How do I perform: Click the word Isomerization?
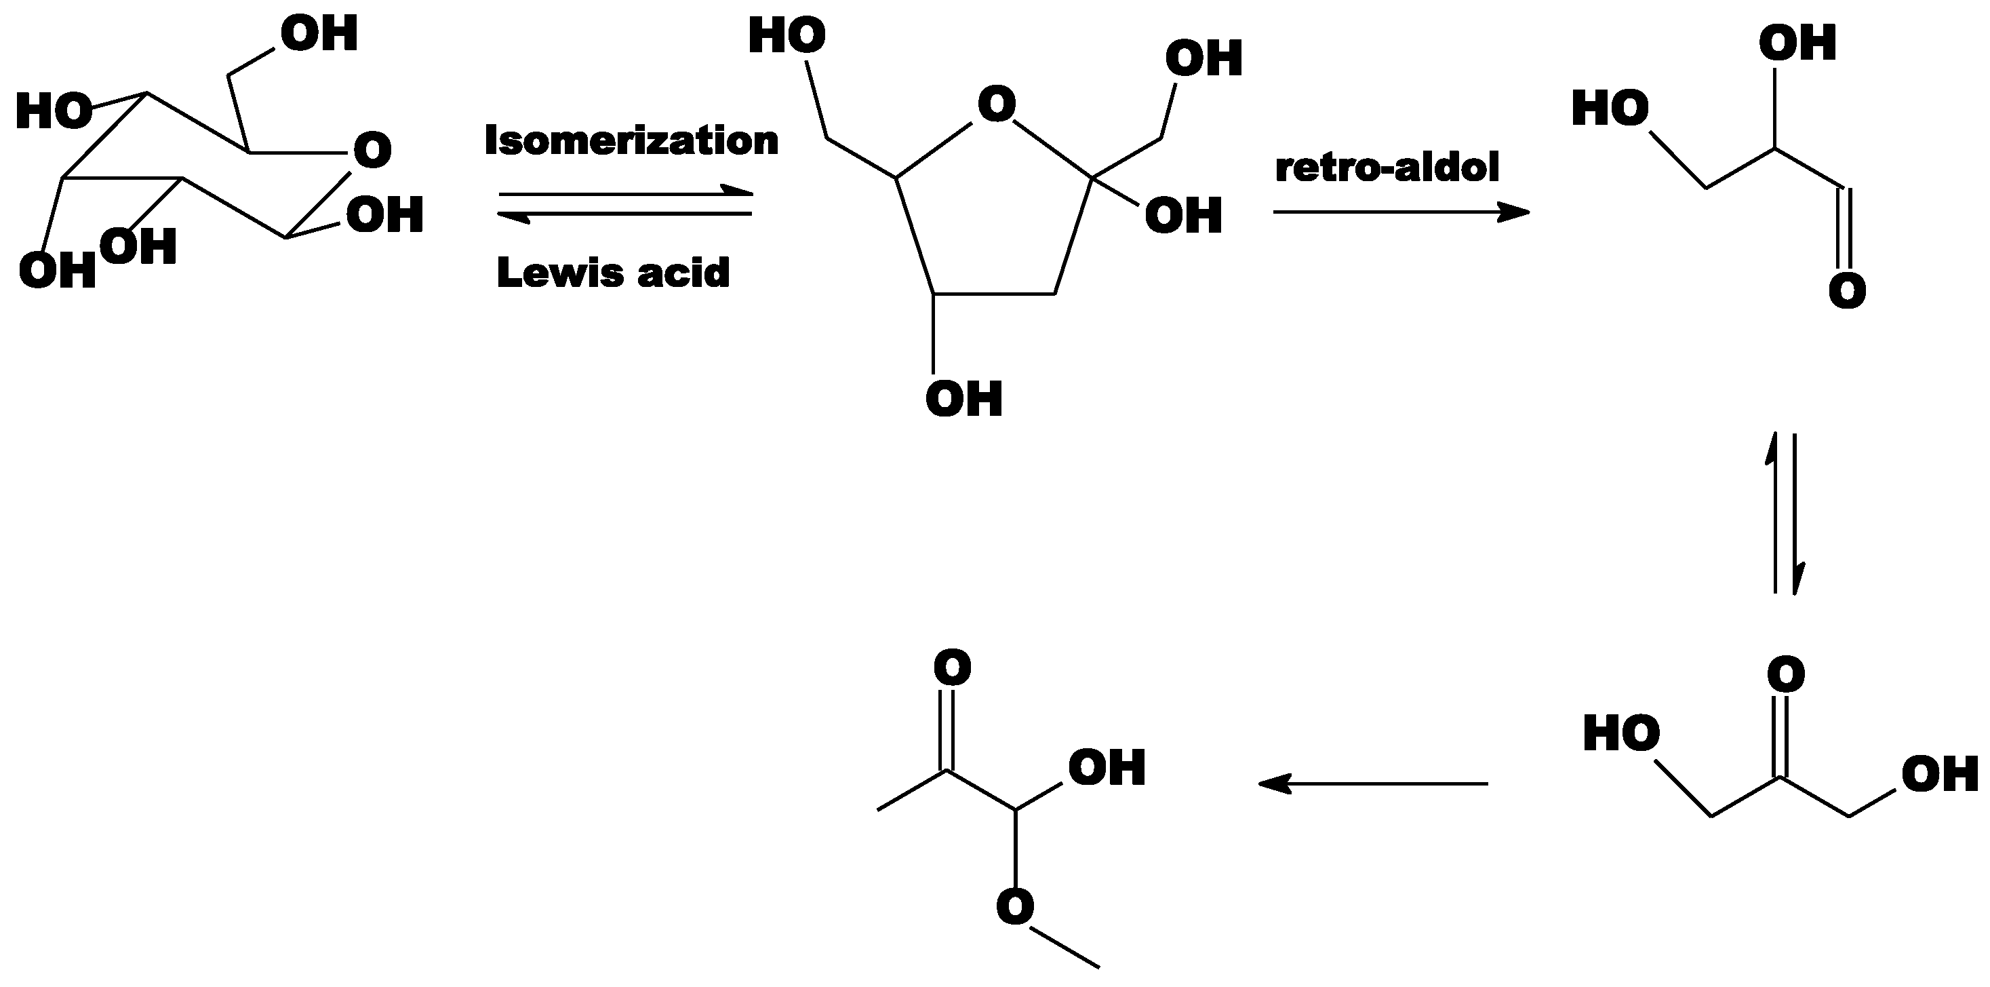click(631, 140)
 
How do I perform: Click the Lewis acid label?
click(613, 273)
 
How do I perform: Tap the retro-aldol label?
click(1387, 168)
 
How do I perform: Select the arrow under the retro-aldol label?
click(1401, 212)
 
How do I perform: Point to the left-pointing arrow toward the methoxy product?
click(1373, 783)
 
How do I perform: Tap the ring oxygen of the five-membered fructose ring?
click(997, 105)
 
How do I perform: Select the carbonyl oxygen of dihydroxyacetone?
click(1786, 674)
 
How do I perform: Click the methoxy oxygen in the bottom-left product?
click(1015, 906)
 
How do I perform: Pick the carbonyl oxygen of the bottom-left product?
click(952, 667)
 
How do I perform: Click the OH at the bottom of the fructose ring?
click(964, 399)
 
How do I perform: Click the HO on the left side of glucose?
click(52, 111)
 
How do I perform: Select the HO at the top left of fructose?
click(787, 37)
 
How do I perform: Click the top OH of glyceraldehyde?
click(1797, 43)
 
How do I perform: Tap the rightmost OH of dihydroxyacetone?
click(1940, 775)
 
